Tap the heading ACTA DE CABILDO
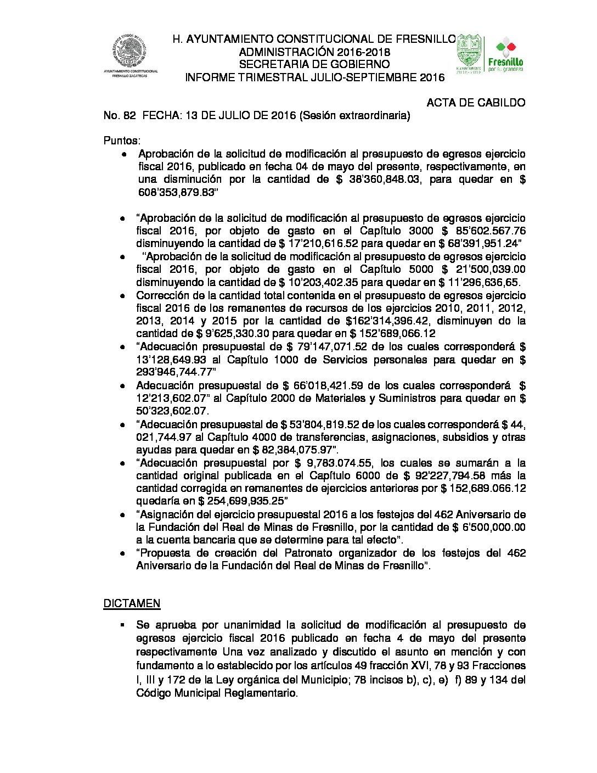476,103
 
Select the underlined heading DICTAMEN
132,603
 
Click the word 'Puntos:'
122,141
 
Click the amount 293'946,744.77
176,372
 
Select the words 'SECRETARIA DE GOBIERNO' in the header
314,65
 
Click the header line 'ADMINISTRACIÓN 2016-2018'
314,52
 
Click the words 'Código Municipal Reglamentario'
216,693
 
